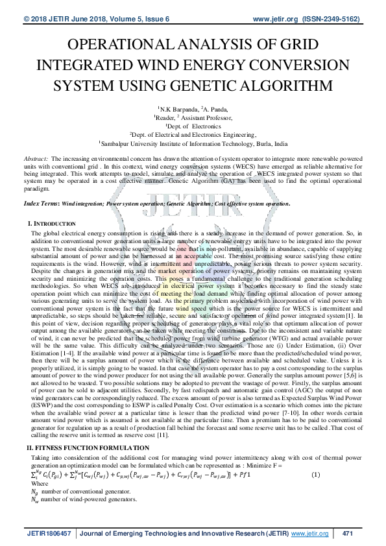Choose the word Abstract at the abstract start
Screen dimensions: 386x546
36,159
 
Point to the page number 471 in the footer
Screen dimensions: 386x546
346,533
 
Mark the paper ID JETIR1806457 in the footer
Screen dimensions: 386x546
49,533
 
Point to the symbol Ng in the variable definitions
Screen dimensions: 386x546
35,492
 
